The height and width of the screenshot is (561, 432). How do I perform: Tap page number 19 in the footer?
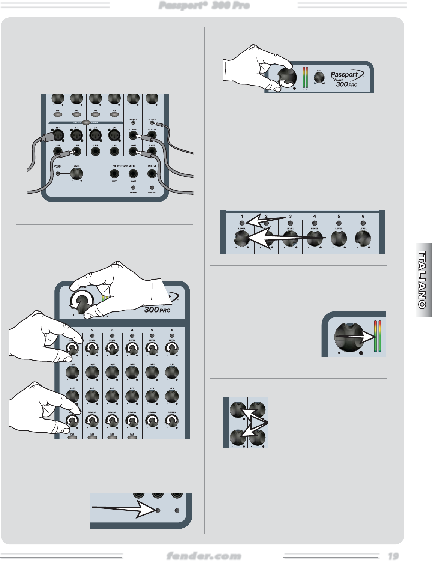click(393, 556)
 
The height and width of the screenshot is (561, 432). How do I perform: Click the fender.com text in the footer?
click(204, 556)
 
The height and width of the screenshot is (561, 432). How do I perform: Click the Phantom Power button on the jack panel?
click(86, 123)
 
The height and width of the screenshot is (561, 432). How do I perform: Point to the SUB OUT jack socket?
click(151, 174)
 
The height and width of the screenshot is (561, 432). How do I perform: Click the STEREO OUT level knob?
click(76, 174)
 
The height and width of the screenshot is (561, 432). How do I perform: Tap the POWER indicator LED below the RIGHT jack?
click(133, 187)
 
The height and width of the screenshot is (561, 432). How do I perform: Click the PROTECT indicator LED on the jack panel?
click(151, 187)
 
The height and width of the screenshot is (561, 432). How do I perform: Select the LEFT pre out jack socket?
click(114, 174)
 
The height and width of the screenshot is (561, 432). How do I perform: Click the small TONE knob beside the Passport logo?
click(319, 78)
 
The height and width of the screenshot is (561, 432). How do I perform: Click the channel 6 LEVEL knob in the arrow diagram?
click(363, 238)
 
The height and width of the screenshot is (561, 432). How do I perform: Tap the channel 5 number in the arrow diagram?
click(339, 216)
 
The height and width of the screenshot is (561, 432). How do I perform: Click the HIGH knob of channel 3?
click(112, 373)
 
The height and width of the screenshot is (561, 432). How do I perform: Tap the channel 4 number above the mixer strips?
click(132, 330)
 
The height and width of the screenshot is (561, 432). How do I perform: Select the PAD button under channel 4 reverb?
click(132, 437)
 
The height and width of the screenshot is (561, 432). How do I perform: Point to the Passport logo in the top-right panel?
click(344, 74)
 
